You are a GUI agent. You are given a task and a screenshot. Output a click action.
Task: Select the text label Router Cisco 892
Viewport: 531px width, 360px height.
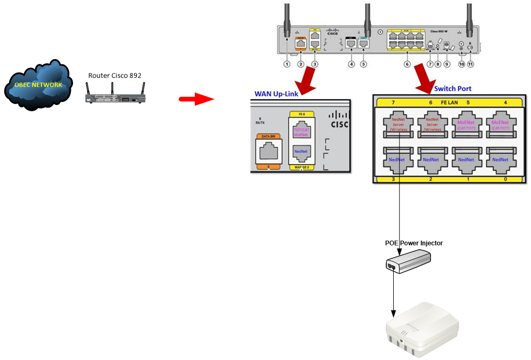(x=115, y=75)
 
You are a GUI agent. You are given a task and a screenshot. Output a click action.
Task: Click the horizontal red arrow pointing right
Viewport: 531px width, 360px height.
(x=195, y=99)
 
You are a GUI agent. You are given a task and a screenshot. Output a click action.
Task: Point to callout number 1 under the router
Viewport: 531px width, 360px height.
(x=287, y=64)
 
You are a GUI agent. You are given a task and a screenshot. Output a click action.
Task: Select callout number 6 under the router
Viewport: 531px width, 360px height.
(x=407, y=64)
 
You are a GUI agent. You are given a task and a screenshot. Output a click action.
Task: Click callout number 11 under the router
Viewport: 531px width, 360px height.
(x=470, y=64)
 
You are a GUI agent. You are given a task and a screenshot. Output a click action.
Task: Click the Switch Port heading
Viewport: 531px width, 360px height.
(x=452, y=88)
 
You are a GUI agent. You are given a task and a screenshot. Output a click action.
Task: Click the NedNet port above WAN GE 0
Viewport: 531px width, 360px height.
(x=302, y=153)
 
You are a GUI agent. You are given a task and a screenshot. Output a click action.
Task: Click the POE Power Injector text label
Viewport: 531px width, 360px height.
(x=413, y=243)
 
